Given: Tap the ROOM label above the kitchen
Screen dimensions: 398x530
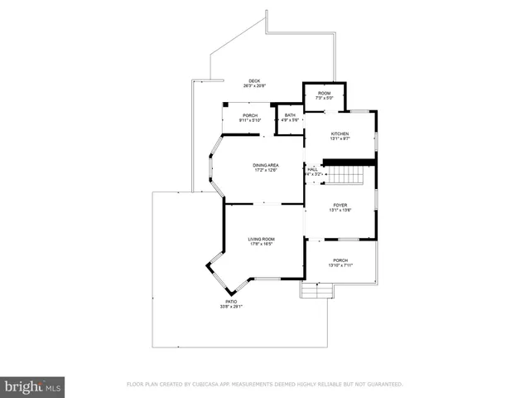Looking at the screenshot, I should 325,93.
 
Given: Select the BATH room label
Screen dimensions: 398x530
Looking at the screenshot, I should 290,115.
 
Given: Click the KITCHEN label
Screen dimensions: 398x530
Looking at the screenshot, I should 340,133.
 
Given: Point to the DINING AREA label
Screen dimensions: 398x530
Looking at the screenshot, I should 266,165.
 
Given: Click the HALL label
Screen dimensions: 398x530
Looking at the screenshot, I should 312,169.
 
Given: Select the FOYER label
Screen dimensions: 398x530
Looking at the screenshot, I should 340,205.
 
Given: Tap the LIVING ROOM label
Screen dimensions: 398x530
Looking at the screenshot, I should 261,239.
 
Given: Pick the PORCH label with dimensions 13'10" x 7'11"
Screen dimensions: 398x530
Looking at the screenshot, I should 340,260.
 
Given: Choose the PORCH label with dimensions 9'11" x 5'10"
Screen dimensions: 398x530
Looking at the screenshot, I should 250,115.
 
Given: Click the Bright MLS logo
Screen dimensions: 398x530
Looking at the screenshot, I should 33,386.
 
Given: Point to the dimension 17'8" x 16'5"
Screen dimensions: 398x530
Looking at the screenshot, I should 261,244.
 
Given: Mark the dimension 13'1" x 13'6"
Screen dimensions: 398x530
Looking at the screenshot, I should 340,210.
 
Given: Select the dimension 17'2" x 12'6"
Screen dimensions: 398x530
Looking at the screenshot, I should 266,170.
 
